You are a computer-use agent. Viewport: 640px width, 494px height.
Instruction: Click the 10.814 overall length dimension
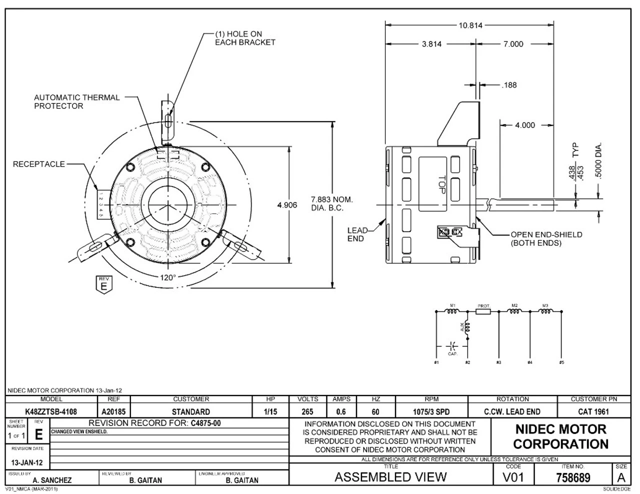click(470, 25)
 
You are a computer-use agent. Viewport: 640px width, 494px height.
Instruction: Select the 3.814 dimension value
click(431, 44)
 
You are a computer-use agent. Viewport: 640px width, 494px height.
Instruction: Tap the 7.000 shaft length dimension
click(513, 44)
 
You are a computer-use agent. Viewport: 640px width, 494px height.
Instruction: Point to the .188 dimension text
click(508, 85)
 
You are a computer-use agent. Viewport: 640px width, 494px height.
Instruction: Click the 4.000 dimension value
click(525, 125)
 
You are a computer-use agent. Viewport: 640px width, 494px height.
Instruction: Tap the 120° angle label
click(168, 277)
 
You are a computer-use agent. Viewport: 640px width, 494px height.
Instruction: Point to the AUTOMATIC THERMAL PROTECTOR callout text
click(77, 101)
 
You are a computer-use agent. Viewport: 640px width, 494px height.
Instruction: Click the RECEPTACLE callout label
click(39, 164)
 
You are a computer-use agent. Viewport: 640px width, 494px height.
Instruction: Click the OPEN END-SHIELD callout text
click(546, 238)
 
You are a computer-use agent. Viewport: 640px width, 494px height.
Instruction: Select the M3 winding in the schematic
click(545, 311)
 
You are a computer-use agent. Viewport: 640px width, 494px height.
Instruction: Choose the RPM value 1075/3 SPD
click(431, 412)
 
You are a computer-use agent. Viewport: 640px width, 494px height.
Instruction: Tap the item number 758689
click(572, 477)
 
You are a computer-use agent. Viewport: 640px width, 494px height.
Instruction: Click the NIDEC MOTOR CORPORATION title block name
click(560, 436)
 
